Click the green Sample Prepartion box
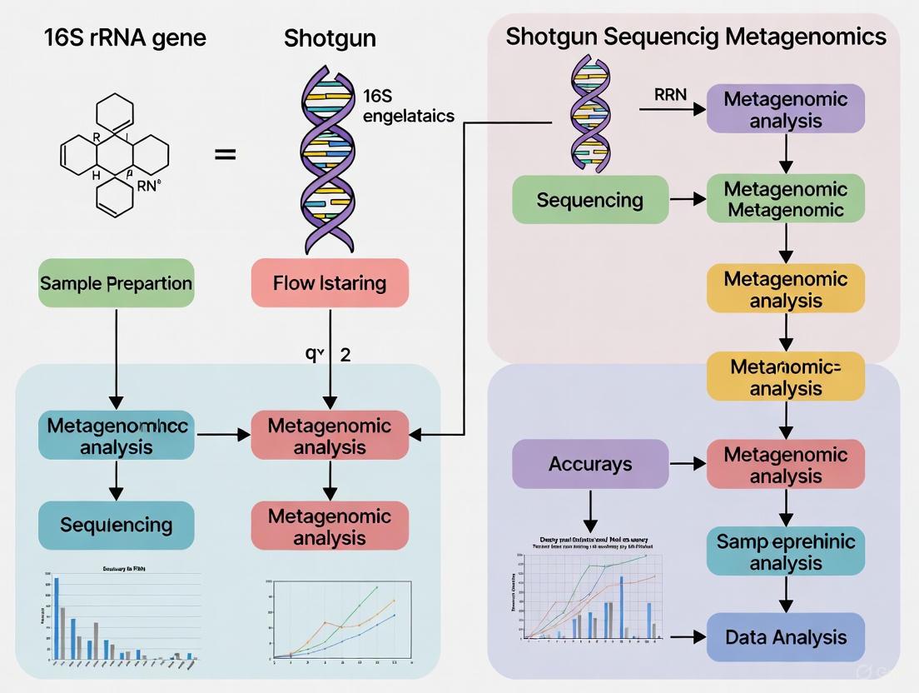click(116, 282)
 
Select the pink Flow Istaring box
click(330, 282)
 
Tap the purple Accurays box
click(590, 464)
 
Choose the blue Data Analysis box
click(786, 637)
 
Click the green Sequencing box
click(590, 200)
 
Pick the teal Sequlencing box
click(116, 525)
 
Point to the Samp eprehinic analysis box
click(786, 551)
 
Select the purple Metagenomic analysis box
click(786, 109)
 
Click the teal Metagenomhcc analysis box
click(116, 436)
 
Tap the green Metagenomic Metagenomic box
click(786, 199)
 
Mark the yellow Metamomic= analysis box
click(786, 376)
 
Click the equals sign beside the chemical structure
click(226, 155)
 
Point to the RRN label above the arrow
click(670, 94)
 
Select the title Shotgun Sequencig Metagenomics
click(696, 37)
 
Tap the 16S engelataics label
click(409, 106)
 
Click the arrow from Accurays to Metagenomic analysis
click(687, 464)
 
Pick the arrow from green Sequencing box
click(687, 200)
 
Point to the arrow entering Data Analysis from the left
click(687, 637)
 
